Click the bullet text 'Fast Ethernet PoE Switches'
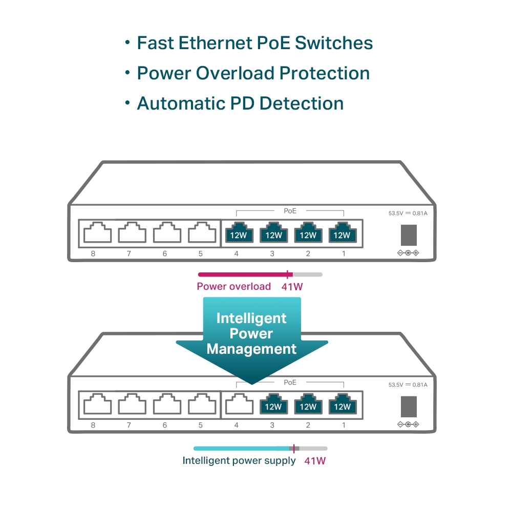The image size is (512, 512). [x=254, y=43]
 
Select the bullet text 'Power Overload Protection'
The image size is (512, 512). [x=253, y=73]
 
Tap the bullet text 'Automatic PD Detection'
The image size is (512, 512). [x=240, y=103]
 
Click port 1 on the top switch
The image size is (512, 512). [x=342, y=233]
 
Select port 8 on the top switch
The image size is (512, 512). [x=97, y=233]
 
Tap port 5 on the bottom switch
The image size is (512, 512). [x=202, y=405]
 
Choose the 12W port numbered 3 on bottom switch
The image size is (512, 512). [x=273, y=405]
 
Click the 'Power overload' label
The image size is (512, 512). [x=233, y=287]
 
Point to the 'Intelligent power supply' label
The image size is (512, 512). [x=239, y=461]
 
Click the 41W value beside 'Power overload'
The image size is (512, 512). [x=292, y=287]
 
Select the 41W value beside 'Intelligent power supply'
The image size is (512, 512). [x=315, y=461]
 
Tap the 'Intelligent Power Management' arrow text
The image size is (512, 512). [x=251, y=334]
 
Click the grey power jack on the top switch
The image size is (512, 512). [x=408, y=234]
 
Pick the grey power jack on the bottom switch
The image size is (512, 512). [x=408, y=407]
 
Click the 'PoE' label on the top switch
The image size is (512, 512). [x=290, y=210]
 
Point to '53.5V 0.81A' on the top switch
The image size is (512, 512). [x=408, y=213]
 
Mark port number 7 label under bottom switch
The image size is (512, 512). [x=129, y=425]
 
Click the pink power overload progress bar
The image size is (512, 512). [x=243, y=274]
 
